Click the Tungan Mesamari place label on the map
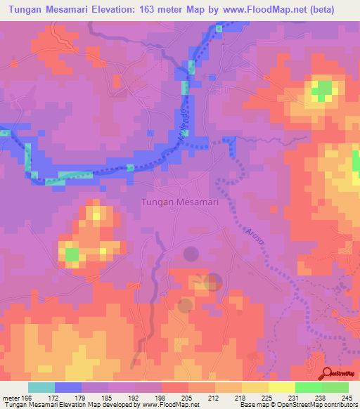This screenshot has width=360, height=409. point(181,202)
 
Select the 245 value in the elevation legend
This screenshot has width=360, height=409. point(348,398)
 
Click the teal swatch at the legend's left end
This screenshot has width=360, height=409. point(41,387)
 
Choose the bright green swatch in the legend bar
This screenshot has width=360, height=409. point(307,387)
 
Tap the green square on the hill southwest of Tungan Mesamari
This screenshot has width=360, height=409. point(71,254)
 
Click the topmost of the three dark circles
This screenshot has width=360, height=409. point(191,253)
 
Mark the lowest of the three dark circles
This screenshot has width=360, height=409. point(185,305)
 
